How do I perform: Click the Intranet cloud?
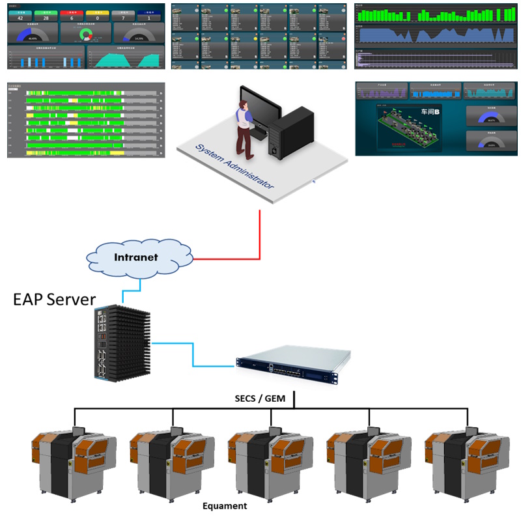click(x=136, y=257)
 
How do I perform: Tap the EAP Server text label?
click(x=55, y=300)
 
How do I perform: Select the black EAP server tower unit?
click(x=121, y=343)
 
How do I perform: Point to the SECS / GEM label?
click(x=260, y=398)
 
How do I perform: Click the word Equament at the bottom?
click(x=225, y=505)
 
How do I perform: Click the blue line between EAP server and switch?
click(x=193, y=354)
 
